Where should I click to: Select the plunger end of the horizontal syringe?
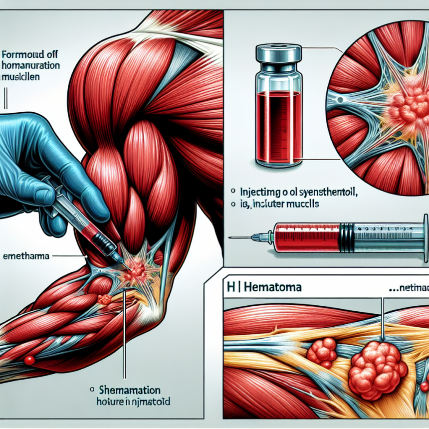425,231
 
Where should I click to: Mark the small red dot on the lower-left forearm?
29,359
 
